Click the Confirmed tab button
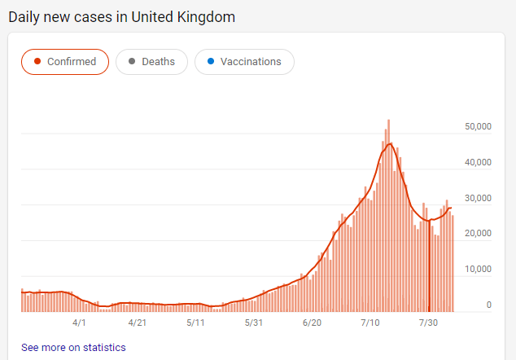(65, 62)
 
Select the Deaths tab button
(151, 62)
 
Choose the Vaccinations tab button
(244, 62)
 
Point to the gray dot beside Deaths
(131, 62)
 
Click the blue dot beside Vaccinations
(210, 62)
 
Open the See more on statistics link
(73, 348)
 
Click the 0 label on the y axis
(488, 305)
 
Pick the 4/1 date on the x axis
(79, 323)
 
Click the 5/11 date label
(195, 323)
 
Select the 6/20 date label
(312, 323)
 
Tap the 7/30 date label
(428, 323)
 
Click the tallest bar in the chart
(389, 216)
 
